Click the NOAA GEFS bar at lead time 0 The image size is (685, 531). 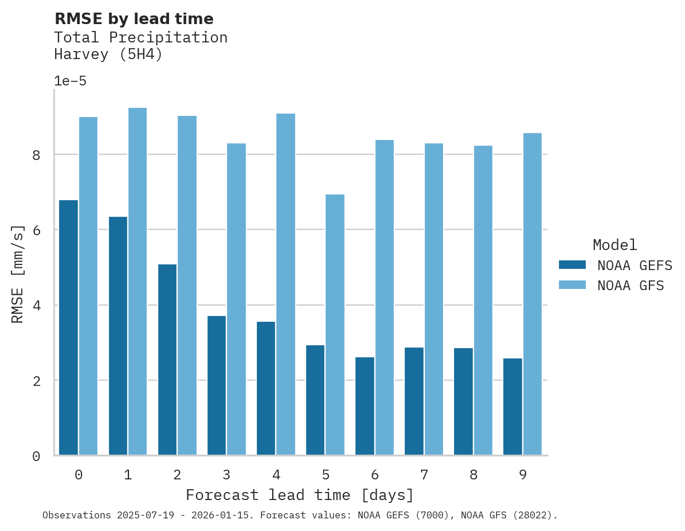click(68, 327)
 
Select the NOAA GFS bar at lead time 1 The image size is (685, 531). click(138, 282)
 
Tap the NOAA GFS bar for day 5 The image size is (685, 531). click(335, 325)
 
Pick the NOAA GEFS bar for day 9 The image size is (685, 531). click(512, 407)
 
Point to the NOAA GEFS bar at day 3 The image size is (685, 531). click(216, 385)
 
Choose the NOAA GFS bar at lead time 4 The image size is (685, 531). click(285, 284)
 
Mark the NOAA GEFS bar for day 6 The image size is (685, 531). click(365, 406)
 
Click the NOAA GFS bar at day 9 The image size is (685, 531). click(533, 294)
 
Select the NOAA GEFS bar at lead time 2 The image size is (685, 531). click(167, 360)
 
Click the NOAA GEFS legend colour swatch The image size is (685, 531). click(572, 264)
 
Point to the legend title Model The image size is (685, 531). click(614, 245)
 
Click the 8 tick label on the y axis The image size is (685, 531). click(36, 155)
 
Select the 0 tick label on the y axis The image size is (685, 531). click(36, 456)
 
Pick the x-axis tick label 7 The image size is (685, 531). click(424, 475)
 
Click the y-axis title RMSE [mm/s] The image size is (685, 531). click(18, 274)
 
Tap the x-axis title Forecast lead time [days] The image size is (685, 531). click(300, 495)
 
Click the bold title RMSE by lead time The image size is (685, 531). click(134, 19)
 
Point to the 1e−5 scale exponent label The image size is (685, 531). click(70, 81)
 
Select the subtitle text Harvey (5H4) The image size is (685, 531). click(108, 54)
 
